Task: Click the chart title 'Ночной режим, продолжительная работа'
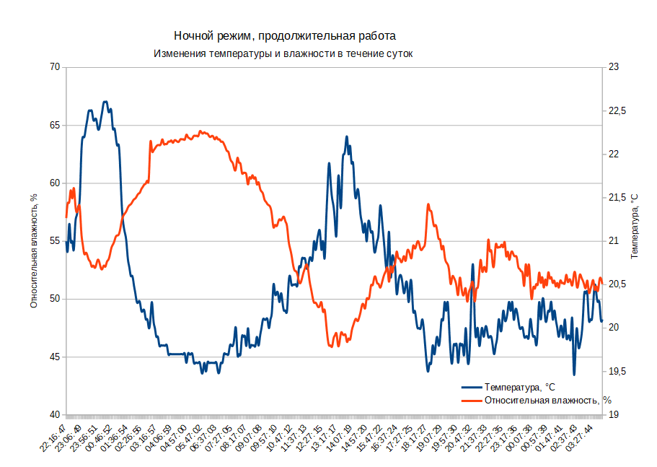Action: point(285,35)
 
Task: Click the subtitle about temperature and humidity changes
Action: point(283,54)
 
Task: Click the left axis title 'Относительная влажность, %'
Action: point(34,241)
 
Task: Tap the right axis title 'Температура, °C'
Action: point(635,226)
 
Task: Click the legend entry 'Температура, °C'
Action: point(519,387)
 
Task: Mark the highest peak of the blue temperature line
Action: point(105,102)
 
